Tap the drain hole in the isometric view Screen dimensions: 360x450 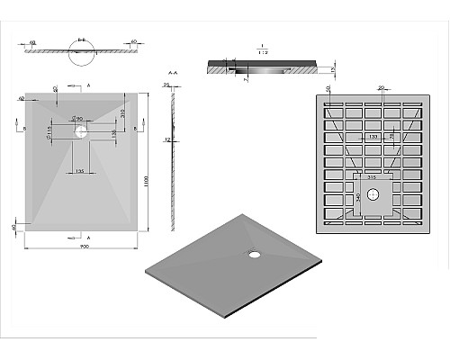pyautogui.click(x=255, y=253)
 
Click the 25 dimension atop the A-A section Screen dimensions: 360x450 pyautogui.click(x=167, y=85)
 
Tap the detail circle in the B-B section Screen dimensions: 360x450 pyautogui.click(x=81, y=57)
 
